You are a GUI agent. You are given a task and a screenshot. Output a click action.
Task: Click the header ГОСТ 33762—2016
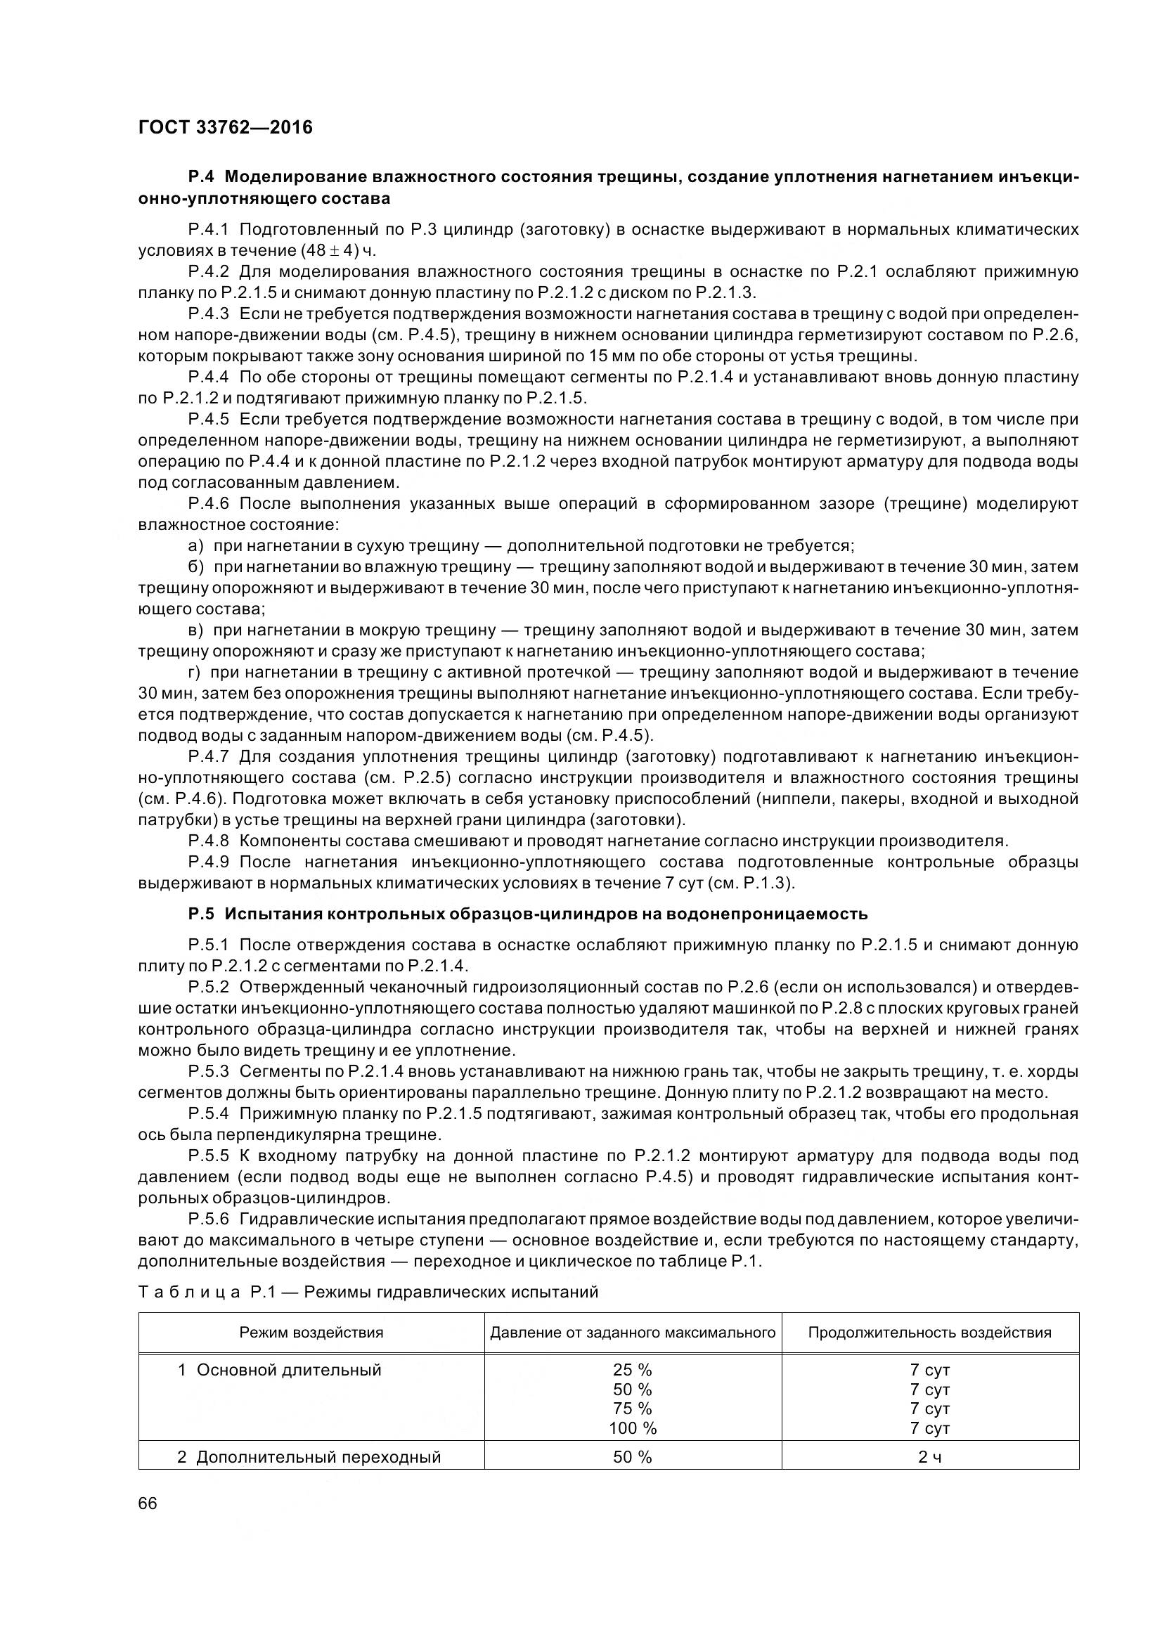coord(225,128)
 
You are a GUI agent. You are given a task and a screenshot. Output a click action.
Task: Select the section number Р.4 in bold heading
coord(201,177)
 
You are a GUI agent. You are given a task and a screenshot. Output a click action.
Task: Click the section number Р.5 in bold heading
coord(201,914)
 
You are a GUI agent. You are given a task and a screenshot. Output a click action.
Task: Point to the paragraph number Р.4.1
coord(207,230)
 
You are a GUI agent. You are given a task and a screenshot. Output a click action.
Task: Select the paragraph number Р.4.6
coord(207,503)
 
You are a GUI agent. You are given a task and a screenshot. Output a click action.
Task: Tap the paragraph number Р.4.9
coord(207,862)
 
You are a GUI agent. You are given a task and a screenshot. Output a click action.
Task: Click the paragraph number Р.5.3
coord(208,1071)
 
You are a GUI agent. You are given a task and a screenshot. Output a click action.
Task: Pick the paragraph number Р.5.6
coord(208,1219)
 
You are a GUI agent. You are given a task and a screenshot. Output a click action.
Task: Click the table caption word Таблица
coord(188,1293)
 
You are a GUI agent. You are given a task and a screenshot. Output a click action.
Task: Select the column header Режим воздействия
coord(311,1333)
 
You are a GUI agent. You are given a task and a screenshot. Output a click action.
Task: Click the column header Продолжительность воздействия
coord(929,1333)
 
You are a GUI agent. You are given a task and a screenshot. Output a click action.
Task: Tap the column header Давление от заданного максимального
coord(632,1333)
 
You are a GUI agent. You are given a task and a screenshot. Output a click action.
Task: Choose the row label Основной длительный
coord(288,1370)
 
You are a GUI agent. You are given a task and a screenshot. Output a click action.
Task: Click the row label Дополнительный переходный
coord(318,1457)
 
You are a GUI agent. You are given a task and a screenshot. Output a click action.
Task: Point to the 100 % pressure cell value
coord(632,1428)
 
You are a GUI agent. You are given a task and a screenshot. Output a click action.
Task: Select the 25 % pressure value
coord(632,1370)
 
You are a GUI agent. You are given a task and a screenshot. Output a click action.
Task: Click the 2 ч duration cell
coord(929,1457)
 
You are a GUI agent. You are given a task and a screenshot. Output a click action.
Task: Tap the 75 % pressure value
coord(632,1409)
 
